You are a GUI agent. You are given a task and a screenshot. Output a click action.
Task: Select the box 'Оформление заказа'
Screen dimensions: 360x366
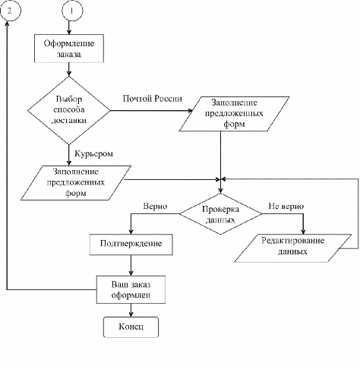click(69, 49)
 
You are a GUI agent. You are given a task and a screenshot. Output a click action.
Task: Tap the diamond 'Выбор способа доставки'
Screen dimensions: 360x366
click(69, 110)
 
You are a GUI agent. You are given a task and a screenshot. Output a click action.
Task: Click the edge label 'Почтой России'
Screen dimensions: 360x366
click(153, 99)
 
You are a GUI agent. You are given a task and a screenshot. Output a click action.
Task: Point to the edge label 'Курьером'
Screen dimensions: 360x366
click(93, 153)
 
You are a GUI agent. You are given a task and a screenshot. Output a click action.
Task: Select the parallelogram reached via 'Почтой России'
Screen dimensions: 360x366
click(234, 114)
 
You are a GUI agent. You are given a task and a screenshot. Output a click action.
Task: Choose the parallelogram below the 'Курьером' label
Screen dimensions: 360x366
click(76, 183)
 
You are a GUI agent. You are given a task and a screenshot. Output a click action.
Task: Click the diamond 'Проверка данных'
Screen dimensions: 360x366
click(220, 214)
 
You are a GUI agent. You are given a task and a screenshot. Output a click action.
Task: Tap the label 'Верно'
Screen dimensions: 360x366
click(155, 206)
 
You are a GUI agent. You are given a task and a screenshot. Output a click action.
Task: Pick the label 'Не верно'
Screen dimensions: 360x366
click(286, 206)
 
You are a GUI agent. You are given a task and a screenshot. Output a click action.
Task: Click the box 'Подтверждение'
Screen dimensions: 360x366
click(131, 245)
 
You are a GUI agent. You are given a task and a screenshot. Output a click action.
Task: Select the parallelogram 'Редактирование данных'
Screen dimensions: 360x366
click(292, 248)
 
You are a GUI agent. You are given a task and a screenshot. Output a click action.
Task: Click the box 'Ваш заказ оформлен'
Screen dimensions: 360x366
click(131, 289)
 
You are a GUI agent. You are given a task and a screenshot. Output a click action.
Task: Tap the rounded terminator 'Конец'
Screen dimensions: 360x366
click(131, 327)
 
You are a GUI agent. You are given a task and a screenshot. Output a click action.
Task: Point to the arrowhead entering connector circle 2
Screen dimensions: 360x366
click(7, 24)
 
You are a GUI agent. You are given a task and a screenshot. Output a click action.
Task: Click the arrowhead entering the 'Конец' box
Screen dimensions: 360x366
click(131, 314)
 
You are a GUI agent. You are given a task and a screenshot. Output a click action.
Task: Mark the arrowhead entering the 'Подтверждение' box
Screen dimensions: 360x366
click(131, 232)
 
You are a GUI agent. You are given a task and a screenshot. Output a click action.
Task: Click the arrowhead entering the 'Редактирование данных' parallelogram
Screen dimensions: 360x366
click(303, 232)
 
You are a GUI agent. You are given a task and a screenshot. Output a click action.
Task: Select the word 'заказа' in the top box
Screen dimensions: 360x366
click(69, 55)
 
